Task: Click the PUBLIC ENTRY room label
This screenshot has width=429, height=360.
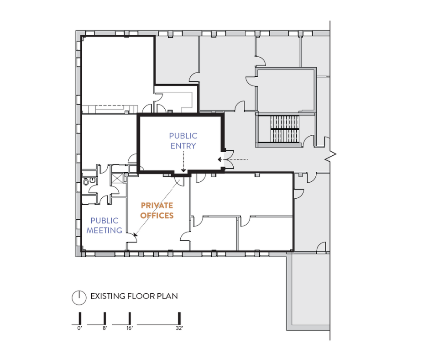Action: pos(183,141)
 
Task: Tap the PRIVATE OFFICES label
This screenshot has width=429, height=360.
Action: pos(157,211)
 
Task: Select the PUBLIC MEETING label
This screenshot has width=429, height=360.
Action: pos(104,226)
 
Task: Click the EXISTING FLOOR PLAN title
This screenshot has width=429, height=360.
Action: pos(134,296)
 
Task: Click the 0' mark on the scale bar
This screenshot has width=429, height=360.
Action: pos(79,328)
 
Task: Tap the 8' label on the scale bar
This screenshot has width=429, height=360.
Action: pos(105,328)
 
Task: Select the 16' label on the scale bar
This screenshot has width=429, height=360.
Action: pos(130,328)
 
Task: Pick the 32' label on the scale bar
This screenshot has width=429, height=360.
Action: pos(179,328)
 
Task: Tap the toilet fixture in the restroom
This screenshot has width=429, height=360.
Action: pos(86,181)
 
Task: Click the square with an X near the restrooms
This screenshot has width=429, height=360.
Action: pos(117,178)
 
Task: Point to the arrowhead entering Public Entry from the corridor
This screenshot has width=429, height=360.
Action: pos(219,159)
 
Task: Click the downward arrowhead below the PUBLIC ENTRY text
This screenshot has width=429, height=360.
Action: pos(183,171)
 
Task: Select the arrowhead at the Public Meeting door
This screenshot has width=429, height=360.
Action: pos(135,235)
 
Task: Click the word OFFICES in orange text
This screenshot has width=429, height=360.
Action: pos(157,215)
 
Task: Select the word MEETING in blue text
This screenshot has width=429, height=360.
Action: pos(104,230)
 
